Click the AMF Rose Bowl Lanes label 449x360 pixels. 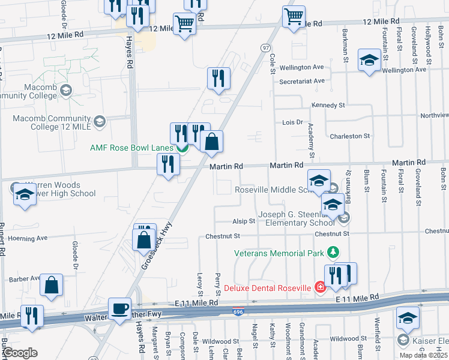tap(131, 148)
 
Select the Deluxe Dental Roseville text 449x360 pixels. tap(268, 287)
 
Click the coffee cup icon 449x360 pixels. tap(119, 308)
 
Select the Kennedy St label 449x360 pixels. tap(328, 105)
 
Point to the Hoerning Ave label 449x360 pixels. tap(28, 238)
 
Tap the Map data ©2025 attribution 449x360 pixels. tap(424, 355)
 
